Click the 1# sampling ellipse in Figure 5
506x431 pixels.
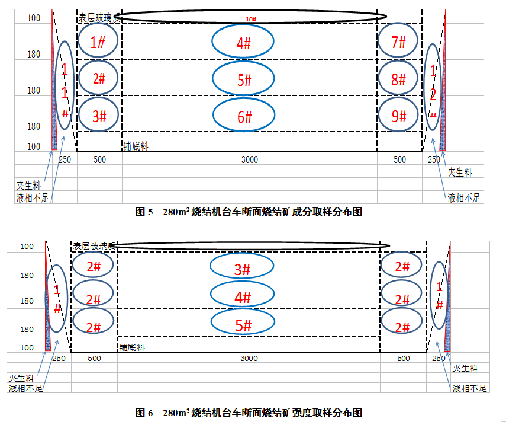pos(99,41)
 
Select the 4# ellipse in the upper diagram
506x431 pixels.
pos(243,42)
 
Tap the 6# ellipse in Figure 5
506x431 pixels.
pos(243,116)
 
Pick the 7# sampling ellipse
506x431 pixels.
pos(399,41)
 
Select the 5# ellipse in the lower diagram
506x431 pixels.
pos(243,324)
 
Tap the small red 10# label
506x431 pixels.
pos(250,20)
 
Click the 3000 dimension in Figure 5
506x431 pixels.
pos(249,159)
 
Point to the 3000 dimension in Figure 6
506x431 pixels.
pos(249,358)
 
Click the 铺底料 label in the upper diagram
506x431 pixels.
pos(136,146)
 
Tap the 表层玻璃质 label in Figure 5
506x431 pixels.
pos(99,18)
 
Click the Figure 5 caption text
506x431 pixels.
pos(249,212)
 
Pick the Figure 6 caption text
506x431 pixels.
pos(249,412)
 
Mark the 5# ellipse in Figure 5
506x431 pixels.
pos(243,79)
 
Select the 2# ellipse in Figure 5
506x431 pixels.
pos(99,79)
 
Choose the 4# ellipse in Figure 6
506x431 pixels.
pos(243,296)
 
